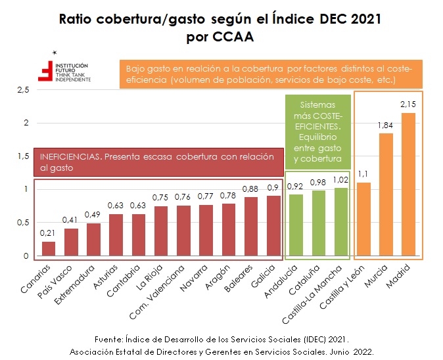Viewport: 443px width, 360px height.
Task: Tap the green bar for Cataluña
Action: (319, 223)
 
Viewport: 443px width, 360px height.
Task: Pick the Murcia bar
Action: (386, 194)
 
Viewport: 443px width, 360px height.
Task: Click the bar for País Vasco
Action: (71, 242)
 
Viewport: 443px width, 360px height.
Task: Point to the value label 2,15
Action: (409, 105)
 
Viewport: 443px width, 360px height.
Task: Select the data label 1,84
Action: (386, 125)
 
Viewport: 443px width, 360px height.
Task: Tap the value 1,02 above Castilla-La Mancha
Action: (342, 180)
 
